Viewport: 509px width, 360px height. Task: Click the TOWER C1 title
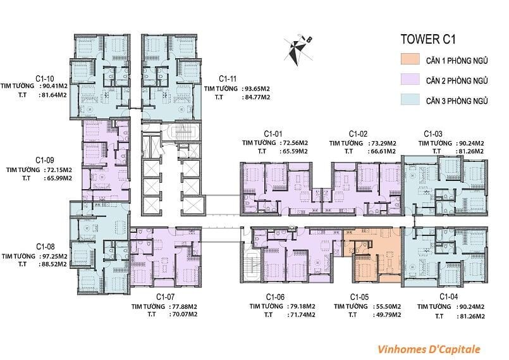point(428,39)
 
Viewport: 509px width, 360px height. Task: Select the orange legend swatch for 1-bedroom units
point(410,59)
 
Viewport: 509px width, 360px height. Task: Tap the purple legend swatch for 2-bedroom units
point(410,79)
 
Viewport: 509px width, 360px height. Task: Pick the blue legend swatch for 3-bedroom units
point(410,99)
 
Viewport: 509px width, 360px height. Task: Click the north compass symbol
point(297,50)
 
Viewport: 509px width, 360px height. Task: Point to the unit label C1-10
point(45,78)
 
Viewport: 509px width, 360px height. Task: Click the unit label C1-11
point(228,78)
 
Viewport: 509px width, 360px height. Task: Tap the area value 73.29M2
point(382,143)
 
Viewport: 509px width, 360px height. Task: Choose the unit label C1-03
point(433,134)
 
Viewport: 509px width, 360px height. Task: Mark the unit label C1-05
point(359,297)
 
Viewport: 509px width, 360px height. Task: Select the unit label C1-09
point(45,160)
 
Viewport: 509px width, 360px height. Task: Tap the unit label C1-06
point(275,297)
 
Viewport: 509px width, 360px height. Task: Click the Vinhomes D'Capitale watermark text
point(429,349)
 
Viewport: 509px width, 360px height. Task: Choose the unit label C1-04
point(449,297)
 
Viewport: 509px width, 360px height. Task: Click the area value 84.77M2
point(256,97)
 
